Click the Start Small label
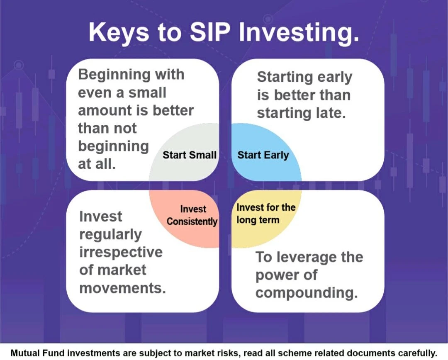(x=190, y=155)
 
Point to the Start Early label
(x=263, y=155)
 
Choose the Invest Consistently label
(x=192, y=215)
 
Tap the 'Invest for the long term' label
(x=266, y=214)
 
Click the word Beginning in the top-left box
(x=113, y=75)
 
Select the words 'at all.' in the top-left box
(x=97, y=164)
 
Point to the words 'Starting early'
(x=304, y=78)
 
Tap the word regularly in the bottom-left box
(x=111, y=235)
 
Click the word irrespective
(x=121, y=252)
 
